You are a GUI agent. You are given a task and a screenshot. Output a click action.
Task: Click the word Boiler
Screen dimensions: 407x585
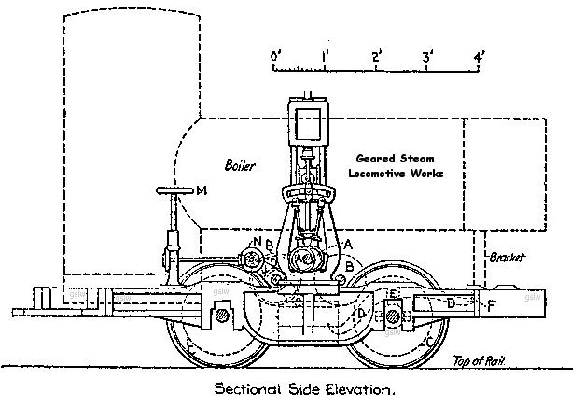pyautogui.click(x=239, y=165)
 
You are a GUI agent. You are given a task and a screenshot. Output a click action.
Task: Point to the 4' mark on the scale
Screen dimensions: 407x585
pyautogui.click(x=481, y=57)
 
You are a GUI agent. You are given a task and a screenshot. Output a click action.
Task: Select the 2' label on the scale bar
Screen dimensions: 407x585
pyautogui.click(x=378, y=57)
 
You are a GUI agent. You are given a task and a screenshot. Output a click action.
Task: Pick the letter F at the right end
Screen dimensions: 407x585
pyautogui.click(x=492, y=304)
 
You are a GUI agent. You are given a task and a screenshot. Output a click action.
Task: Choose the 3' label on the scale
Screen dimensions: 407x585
pyautogui.click(x=429, y=57)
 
